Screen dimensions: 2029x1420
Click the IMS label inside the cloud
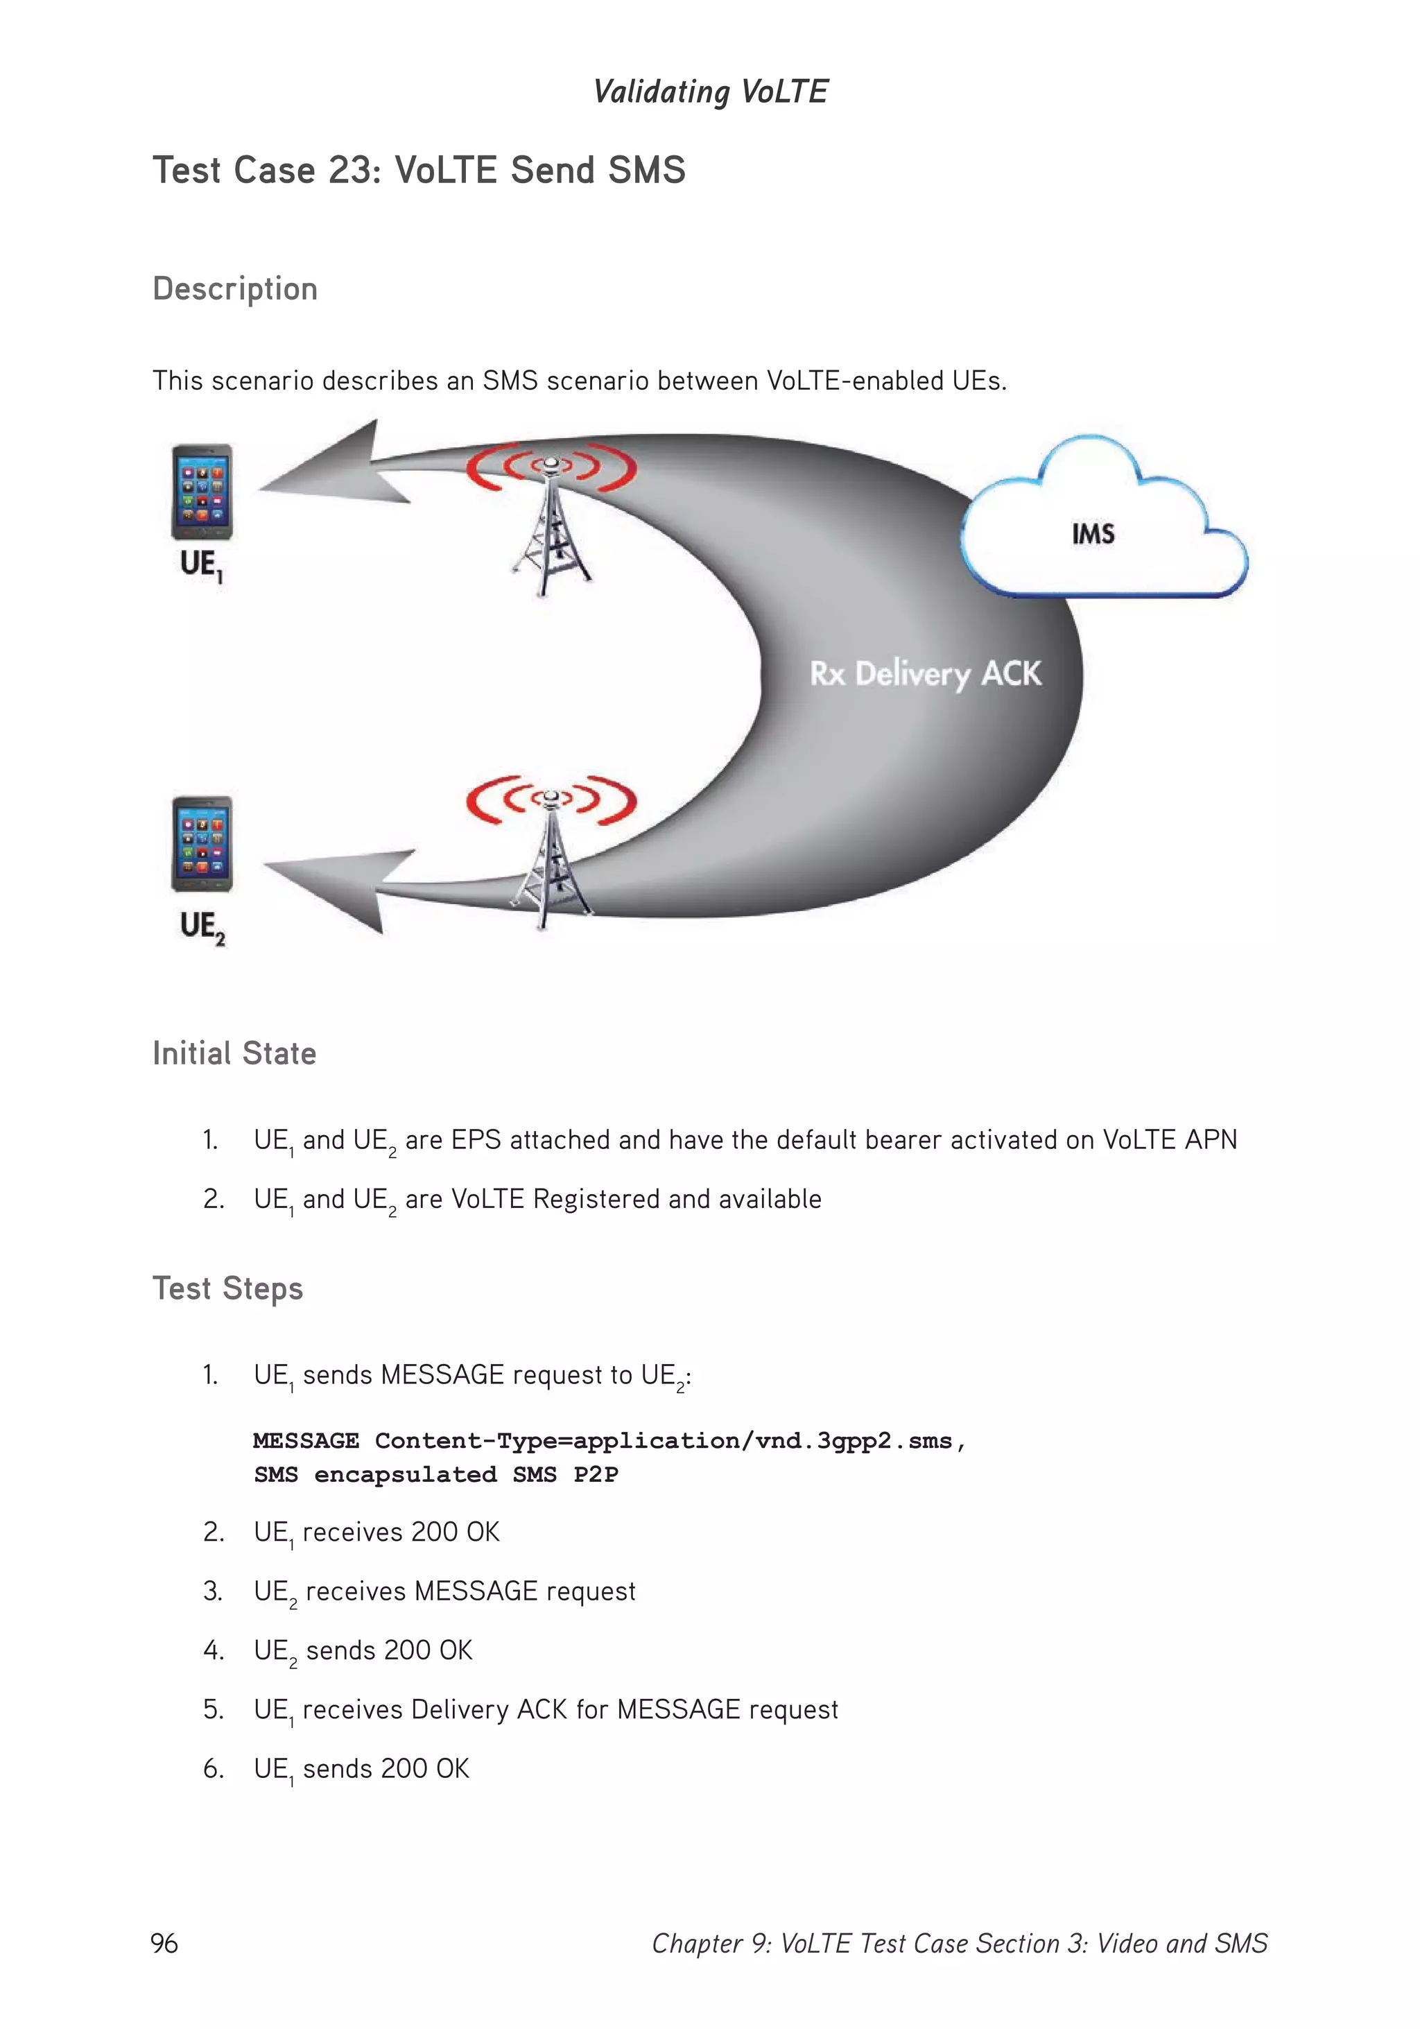tap(1092, 534)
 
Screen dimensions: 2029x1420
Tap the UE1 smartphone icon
tap(202, 492)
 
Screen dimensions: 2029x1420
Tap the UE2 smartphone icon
tap(202, 844)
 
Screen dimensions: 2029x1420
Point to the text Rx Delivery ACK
tap(925, 673)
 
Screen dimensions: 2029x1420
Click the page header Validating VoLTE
tap(709, 91)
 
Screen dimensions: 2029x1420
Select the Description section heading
tap(235, 289)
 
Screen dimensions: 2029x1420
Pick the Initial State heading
tap(234, 1053)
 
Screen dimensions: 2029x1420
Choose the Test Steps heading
tap(227, 1288)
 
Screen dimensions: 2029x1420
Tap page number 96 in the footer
tap(164, 1943)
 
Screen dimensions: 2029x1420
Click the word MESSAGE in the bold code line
tap(306, 1440)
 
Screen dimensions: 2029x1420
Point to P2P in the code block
tap(596, 1474)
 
